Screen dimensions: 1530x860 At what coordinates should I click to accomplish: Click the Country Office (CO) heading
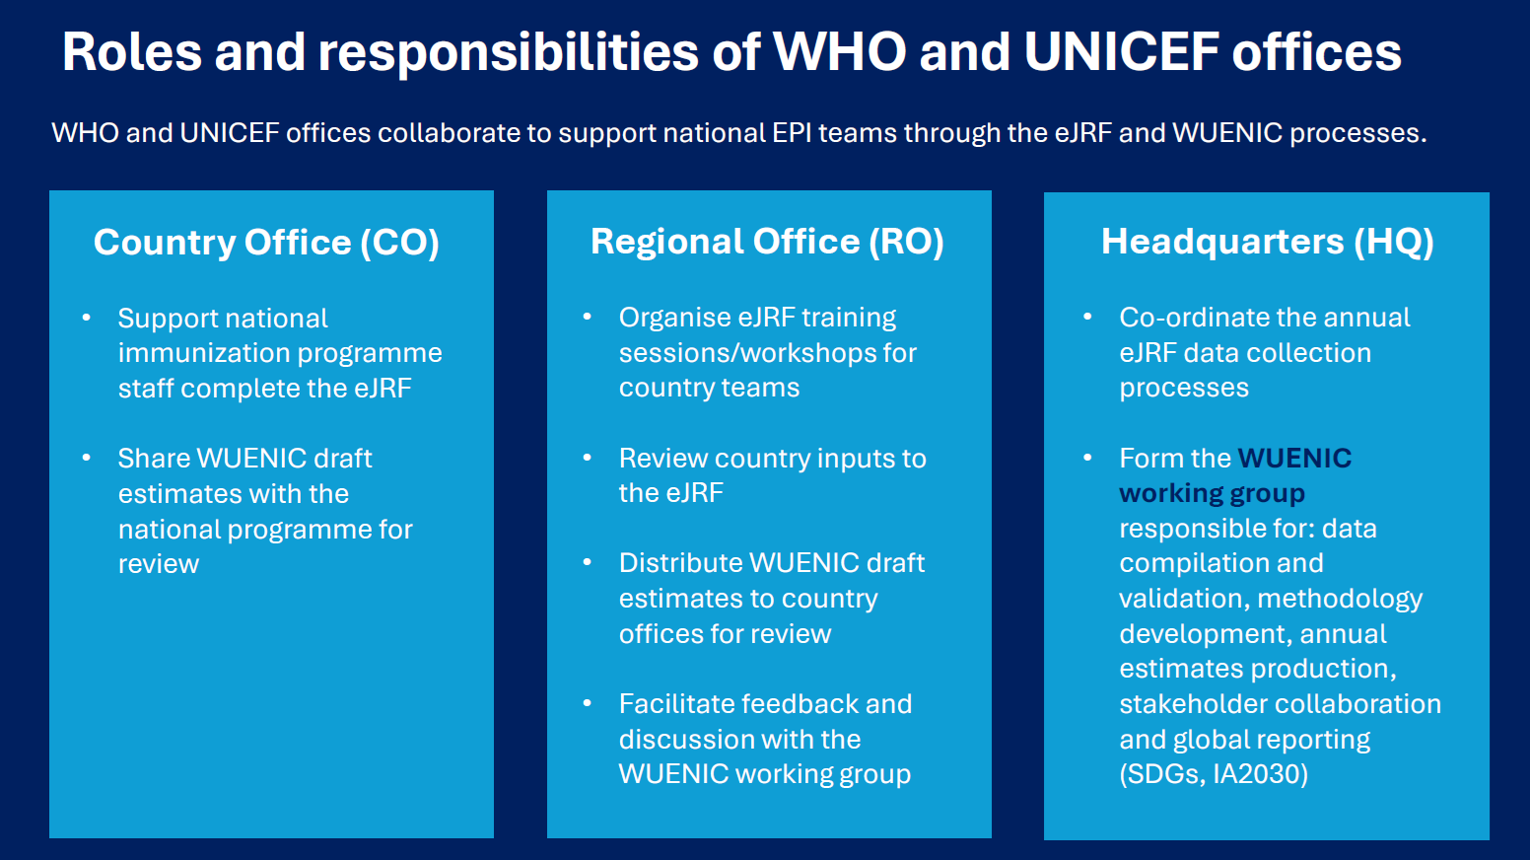[266, 243]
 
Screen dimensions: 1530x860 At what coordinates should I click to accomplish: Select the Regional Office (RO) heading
[767, 242]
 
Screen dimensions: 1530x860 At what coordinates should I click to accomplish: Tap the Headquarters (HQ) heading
[1267, 242]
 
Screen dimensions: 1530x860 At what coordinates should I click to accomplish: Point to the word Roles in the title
[132, 52]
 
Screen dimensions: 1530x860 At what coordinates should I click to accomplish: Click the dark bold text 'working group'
[1212, 493]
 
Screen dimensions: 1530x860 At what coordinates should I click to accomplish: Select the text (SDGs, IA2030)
[1214, 774]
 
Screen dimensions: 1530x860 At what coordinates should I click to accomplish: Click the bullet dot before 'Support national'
[86, 317]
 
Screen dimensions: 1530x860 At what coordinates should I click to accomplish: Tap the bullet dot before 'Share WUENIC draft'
[86, 457]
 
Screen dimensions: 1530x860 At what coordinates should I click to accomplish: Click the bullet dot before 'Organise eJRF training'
[587, 317]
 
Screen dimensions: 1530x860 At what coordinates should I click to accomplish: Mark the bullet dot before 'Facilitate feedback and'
[587, 703]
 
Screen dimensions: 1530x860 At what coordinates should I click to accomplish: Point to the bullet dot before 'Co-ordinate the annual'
[1087, 317]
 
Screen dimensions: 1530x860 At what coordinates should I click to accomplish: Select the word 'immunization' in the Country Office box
[203, 353]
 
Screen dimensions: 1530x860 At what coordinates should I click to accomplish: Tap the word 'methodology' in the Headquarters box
[1340, 599]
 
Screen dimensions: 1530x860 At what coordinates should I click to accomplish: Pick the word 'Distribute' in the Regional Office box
[680, 563]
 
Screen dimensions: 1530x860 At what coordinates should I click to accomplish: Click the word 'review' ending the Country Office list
[159, 564]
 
